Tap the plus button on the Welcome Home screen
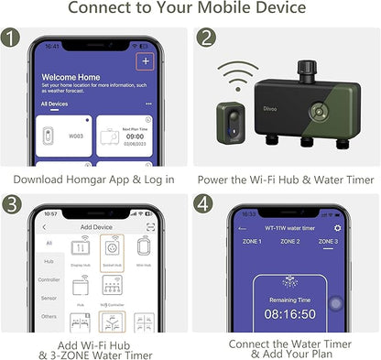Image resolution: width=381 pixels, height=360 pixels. pyautogui.click(x=144, y=61)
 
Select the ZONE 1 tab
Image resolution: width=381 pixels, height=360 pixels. pyautogui.click(x=251, y=242)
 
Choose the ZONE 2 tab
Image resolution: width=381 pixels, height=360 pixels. pyautogui.click(x=289, y=242)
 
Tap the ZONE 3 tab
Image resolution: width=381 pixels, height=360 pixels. pyautogui.click(x=327, y=242)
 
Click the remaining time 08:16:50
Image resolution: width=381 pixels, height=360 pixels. pyautogui.click(x=289, y=311)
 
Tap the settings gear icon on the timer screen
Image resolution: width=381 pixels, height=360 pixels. pyautogui.click(x=338, y=227)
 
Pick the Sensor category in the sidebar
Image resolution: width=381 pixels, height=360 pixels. pyautogui.click(x=49, y=298)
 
